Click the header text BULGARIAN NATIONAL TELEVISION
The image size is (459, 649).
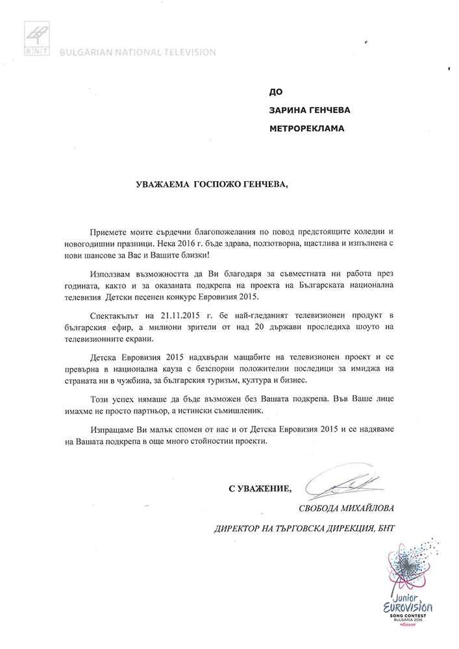[137, 51]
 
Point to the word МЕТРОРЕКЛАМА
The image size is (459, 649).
[307, 128]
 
